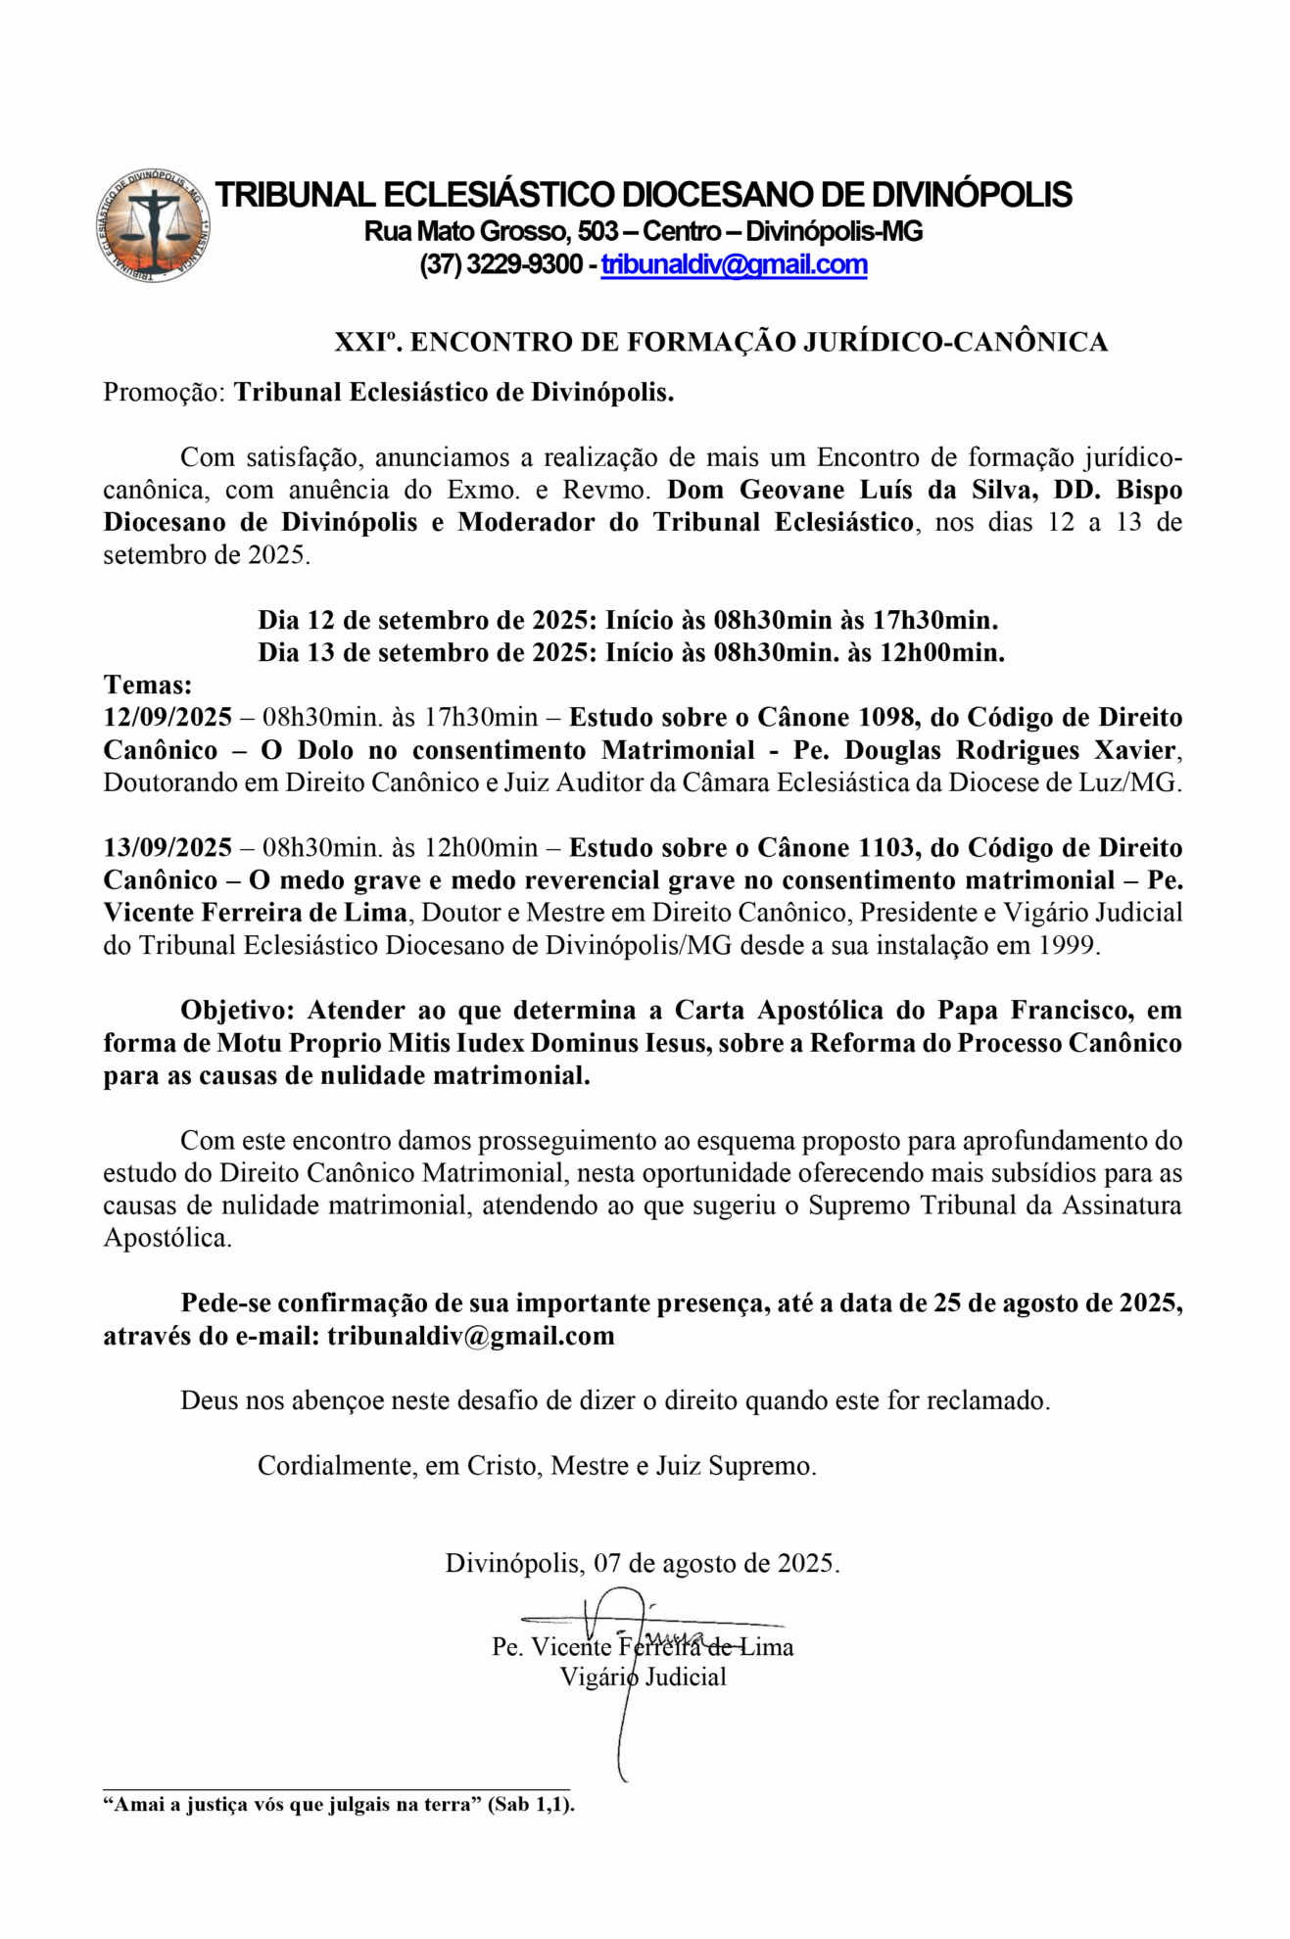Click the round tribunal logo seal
[153, 226]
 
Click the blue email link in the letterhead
[734, 265]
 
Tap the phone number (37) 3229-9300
[501, 265]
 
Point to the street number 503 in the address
[597, 232]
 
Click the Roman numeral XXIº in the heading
[367, 342]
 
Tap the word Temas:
[148, 685]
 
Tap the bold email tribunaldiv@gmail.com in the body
[470, 1336]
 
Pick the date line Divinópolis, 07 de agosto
[642, 1563]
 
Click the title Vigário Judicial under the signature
[643, 1677]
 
